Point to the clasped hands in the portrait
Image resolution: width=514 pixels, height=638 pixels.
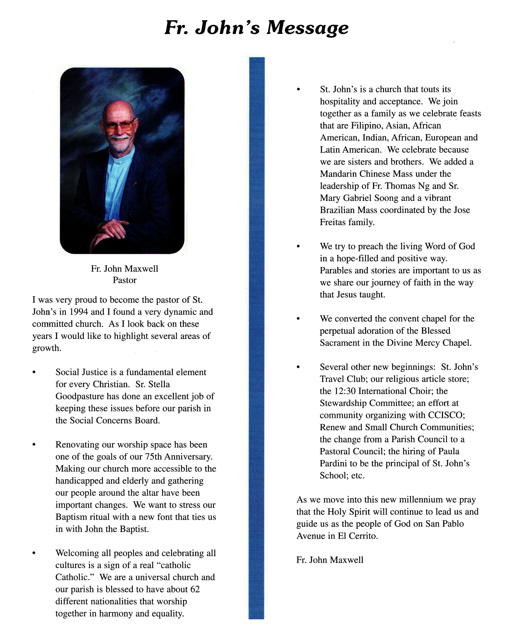(111, 230)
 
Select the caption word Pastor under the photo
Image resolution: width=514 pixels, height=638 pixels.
(124, 280)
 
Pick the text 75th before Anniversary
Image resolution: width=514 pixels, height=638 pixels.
(153, 457)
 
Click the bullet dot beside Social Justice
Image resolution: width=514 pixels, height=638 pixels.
(34, 372)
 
